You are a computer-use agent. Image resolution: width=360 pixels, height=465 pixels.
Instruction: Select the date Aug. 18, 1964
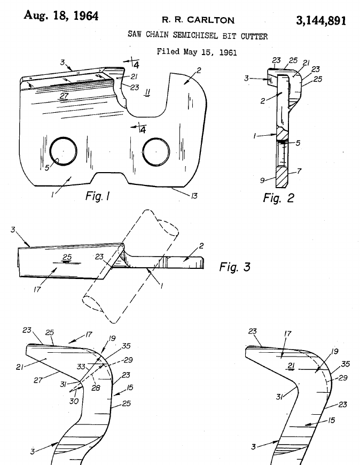pyautogui.click(x=61, y=15)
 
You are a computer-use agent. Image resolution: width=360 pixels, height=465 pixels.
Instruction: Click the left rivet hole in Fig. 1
pyautogui.click(x=62, y=152)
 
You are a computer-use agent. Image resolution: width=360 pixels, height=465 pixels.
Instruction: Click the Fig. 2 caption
pyautogui.click(x=278, y=198)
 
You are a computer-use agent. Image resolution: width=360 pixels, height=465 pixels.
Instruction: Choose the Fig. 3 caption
pyautogui.click(x=234, y=266)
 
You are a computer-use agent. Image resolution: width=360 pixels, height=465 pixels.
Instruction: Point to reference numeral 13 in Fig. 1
pyautogui.click(x=194, y=196)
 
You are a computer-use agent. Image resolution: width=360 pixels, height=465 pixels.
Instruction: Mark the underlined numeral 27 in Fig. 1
pyautogui.click(x=64, y=96)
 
